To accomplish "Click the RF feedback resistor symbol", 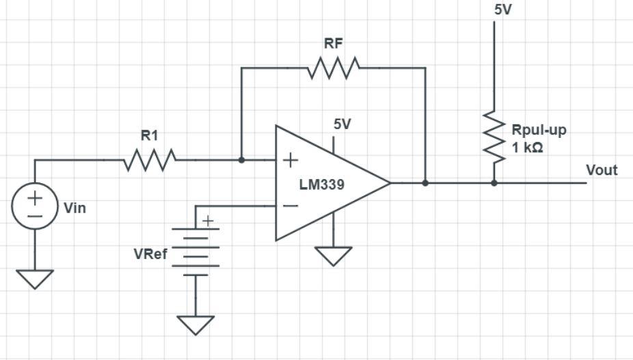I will pos(334,68).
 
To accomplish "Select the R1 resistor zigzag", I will pos(150,161).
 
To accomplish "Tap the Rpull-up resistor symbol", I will pos(494,137).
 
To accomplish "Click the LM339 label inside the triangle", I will pos(321,184).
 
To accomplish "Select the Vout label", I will pos(602,170).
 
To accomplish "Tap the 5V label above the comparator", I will pos(342,124).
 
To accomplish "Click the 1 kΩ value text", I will pos(527,148).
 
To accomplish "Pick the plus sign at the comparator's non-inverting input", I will pos(291,161).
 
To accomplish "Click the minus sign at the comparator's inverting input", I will pos(291,206).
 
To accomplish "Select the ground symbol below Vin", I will pos(34,278).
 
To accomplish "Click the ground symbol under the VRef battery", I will pos(196,324).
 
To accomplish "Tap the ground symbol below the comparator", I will pos(334,255).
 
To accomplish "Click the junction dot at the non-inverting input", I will pos(241,161).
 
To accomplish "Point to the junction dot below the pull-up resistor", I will pos(494,183).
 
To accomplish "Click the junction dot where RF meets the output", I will pos(425,183).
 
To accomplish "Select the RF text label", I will pos(334,44).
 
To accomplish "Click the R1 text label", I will pos(150,136).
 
